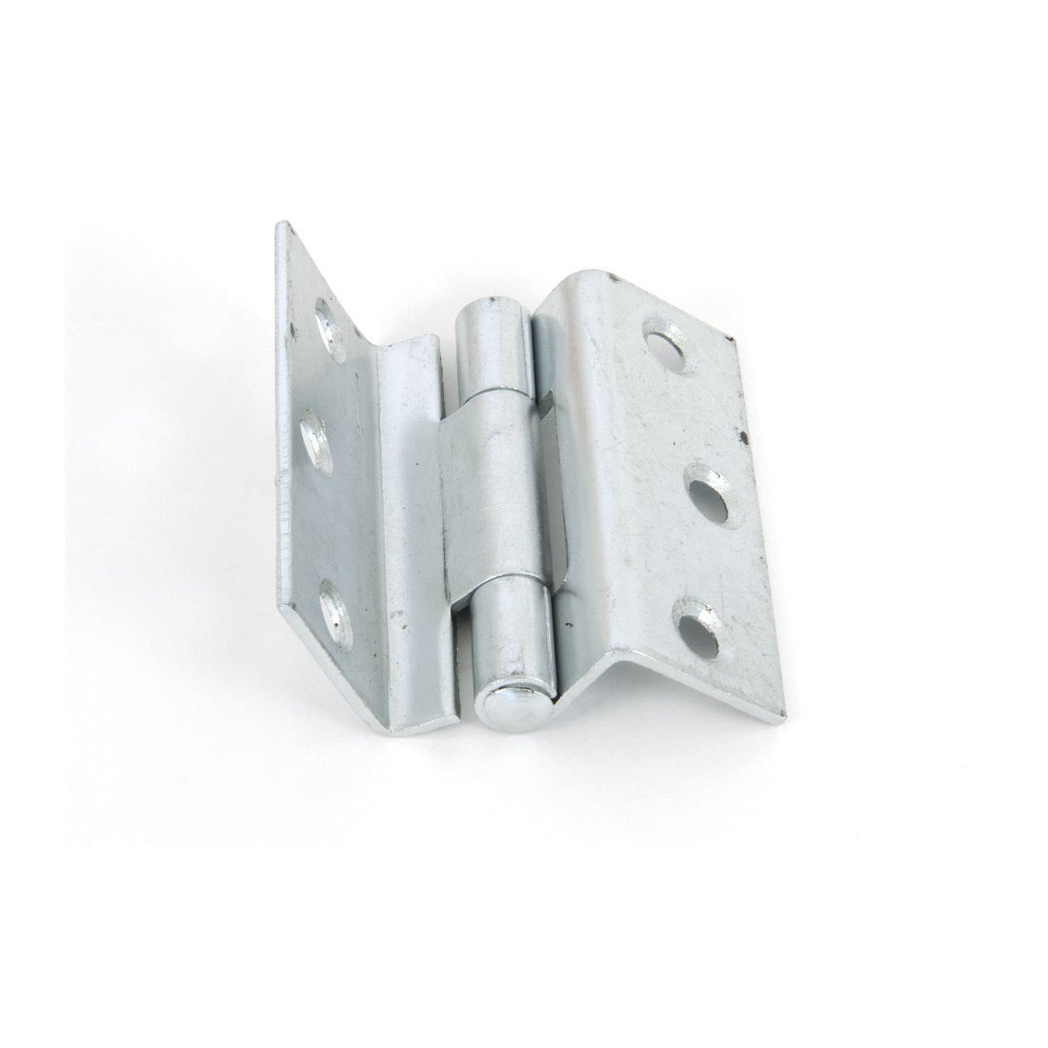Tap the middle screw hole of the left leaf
click(x=315, y=442)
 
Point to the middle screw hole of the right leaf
click(x=710, y=477)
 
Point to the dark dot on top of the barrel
click(x=492, y=305)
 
